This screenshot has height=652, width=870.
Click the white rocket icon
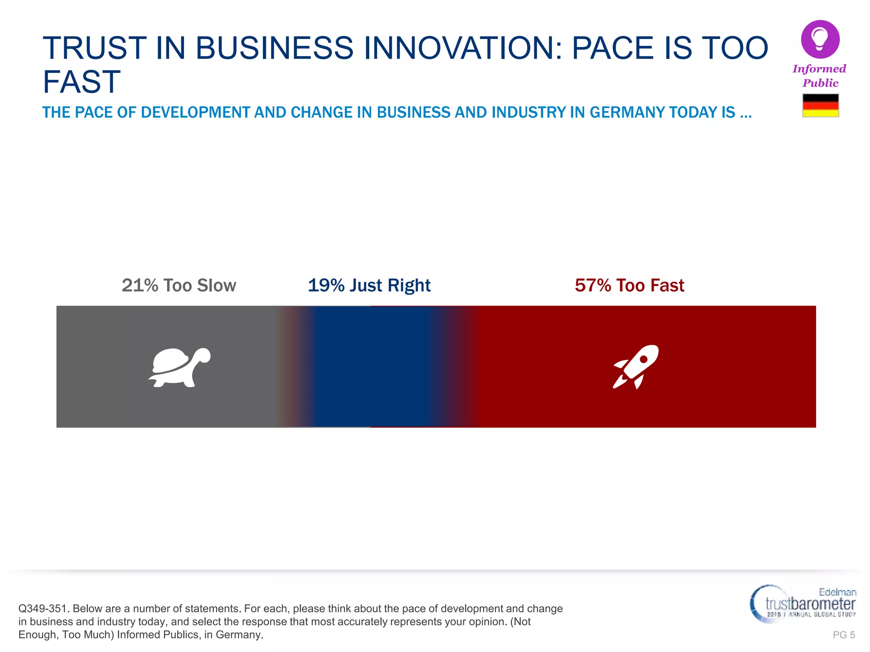pos(635,367)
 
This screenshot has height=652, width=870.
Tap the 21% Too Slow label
pos(179,285)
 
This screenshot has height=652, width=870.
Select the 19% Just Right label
pos(369,285)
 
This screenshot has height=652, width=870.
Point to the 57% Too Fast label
pos(629,285)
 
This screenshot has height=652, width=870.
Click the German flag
pos(820,105)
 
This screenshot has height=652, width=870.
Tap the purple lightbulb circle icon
pos(820,39)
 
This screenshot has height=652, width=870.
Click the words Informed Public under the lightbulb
pos(819,76)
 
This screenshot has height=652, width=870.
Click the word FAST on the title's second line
pos(82,81)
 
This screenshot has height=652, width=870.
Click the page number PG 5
pos(844,635)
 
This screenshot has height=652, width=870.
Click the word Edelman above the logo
pos(837,592)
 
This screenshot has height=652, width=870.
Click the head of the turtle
pos(203,355)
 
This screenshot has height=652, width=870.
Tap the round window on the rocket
pos(644,359)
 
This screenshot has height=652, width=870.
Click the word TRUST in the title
pos(94,48)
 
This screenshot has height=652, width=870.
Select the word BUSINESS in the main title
pos(274,48)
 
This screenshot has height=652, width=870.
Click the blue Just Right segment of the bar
pos(370,367)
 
